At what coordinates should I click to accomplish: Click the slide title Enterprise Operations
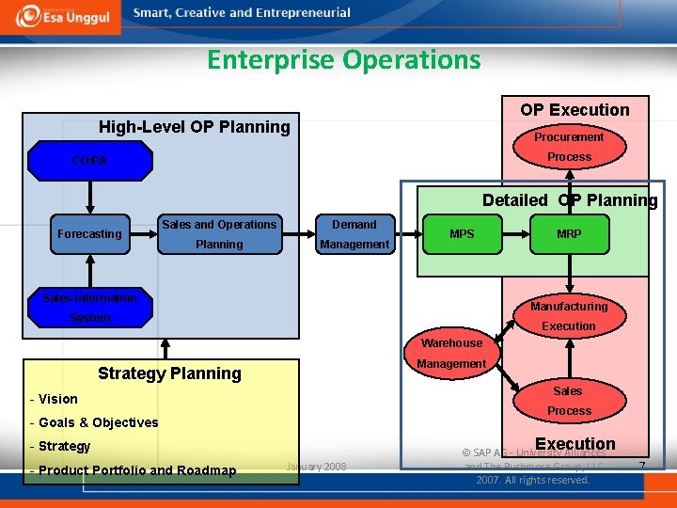(x=343, y=60)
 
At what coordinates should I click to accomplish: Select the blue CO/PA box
(x=90, y=161)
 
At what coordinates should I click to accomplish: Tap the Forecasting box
(x=89, y=234)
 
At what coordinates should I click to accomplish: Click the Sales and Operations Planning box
(x=219, y=234)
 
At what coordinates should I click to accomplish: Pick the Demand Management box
(x=354, y=234)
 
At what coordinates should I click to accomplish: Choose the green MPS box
(x=462, y=234)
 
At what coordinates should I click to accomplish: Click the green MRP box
(x=569, y=234)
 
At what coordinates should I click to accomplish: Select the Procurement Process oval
(x=569, y=147)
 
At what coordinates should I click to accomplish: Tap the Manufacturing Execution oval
(x=569, y=316)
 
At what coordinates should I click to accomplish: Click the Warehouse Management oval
(x=451, y=354)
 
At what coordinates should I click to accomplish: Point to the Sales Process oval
(x=568, y=401)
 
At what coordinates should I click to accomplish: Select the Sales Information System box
(x=90, y=308)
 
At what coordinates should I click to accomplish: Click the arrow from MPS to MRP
(x=514, y=234)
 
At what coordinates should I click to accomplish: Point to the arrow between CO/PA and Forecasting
(x=90, y=198)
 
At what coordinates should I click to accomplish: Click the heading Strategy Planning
(x=170, y=373)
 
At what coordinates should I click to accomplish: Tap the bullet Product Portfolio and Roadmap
(x=136, y=470)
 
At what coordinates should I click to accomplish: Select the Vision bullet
(x=57, y=399)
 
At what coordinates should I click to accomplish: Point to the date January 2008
(x=315, y=467)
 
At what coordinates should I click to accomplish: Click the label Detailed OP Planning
(x=570, y=200)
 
